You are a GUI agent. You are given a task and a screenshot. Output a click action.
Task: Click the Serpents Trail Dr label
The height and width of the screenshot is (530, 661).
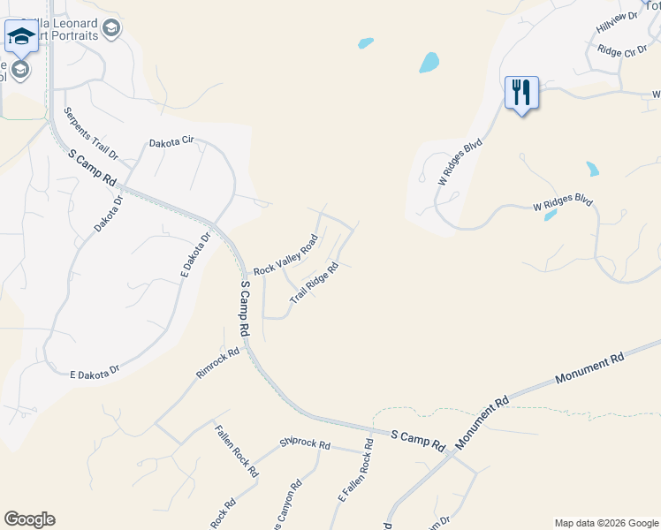pos(91,135)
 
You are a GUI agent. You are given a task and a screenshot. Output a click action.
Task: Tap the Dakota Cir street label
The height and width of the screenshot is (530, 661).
pos(171,142)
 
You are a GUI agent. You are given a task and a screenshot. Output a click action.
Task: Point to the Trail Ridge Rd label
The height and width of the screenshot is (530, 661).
pos(315,284)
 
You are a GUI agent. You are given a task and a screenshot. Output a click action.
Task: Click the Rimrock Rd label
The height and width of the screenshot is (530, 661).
pos(218,363)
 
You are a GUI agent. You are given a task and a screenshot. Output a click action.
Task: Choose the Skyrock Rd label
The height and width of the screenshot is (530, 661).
pos(305,443)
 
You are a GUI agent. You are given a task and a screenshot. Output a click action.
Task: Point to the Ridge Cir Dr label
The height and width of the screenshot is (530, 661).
pos(622,51)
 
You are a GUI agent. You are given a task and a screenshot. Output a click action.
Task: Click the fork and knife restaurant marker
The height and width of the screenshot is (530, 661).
pos(521,91)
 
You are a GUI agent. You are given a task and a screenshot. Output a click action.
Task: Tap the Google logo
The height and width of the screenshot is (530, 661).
pos(29,519)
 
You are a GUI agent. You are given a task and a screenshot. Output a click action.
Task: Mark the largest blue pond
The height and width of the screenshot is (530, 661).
pos(429,62)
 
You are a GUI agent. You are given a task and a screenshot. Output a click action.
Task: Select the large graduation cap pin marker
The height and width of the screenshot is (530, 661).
pos(19,37)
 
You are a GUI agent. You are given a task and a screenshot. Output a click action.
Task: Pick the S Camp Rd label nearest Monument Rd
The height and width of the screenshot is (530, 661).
pos(419,438)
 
